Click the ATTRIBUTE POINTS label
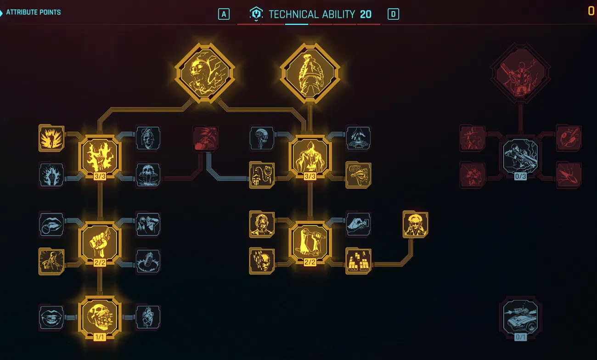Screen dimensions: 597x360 (33, 12)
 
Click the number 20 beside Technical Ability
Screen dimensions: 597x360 (366, 14)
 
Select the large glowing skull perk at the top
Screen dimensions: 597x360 (205, 73)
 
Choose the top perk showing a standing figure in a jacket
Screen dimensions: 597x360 (310, 73)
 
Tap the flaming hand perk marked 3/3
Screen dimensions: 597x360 (100, 156)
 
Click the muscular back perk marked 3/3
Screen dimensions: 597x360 (310, 156)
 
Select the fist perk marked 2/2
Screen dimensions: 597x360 (100, 242)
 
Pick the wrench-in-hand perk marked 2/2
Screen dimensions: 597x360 (310, 242)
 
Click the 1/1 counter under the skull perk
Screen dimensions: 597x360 (100, 337)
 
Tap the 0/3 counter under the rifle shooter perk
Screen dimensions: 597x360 (520, 176)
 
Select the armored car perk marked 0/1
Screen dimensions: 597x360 (520, 317)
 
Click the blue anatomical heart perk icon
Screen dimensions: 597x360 (148, 317)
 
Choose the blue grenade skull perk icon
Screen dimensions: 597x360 (148, 138)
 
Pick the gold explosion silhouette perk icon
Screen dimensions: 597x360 (51, 138)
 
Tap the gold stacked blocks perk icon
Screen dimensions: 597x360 (358, 261)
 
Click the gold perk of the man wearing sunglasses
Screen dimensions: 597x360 (415, 225)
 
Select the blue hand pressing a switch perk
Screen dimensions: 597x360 (358, 225)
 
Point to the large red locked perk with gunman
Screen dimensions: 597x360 (520, 73)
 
